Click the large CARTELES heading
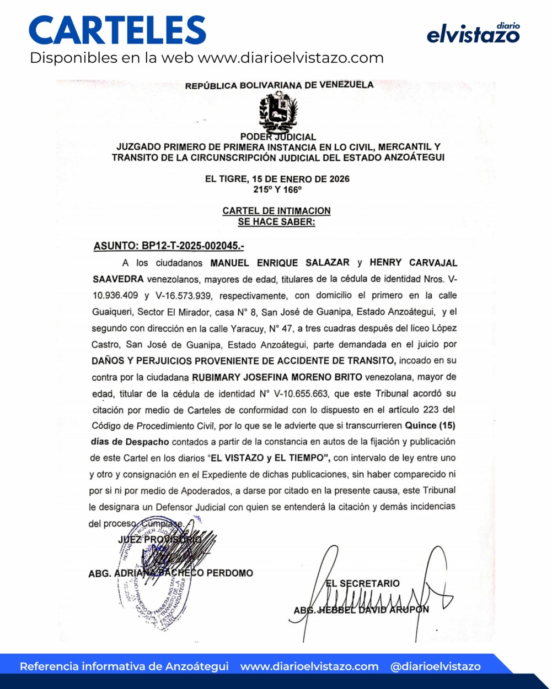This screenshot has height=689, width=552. [x=117, y=30]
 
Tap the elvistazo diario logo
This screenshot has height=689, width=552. [x=473, y=34]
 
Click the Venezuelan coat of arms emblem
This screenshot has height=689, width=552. [x=278, y=112]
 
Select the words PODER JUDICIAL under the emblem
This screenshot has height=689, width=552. [x=278, y=137]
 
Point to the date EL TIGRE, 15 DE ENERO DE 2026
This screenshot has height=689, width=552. [x=277, y=179]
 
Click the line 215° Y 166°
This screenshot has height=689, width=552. [x=277, y=189]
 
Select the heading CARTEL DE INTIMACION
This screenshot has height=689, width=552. [x=276, y=211]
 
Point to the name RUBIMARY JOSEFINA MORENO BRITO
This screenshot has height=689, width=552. [x=277, y=377]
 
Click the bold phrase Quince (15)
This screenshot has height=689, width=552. [x=430, y=426]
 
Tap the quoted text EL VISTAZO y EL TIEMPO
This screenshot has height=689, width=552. [x=269, y=458]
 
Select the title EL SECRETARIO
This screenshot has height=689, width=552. [x=363, y=583]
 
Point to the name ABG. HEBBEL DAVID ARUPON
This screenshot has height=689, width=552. [x=361, y=610]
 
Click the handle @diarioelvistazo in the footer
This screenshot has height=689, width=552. [x=435, y=666]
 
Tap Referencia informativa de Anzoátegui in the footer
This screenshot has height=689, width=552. [x=124, y=666]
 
